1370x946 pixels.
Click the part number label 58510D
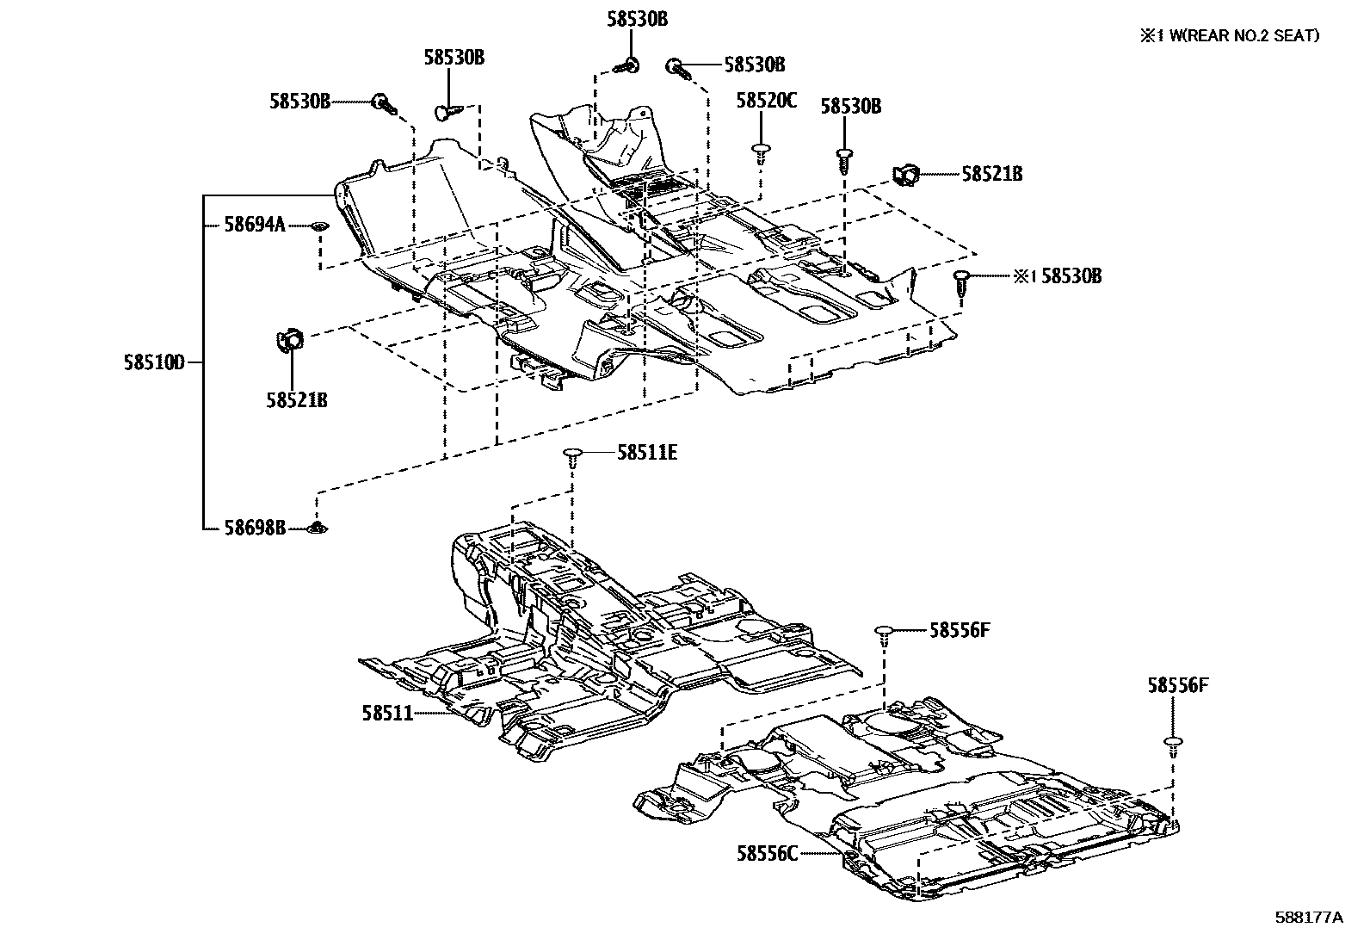coord(154,363)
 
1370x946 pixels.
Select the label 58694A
coord(254,226)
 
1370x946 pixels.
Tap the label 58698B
coord(255,528)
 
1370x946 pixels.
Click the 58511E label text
coord(646,452)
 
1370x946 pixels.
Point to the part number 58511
coord(387,713)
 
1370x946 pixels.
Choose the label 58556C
coord(767,853)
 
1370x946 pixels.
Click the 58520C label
coord(766,101)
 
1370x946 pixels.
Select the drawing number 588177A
coord(1308,918)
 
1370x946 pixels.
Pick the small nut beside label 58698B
coord(319,527)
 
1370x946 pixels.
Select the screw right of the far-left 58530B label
coord(383,105)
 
